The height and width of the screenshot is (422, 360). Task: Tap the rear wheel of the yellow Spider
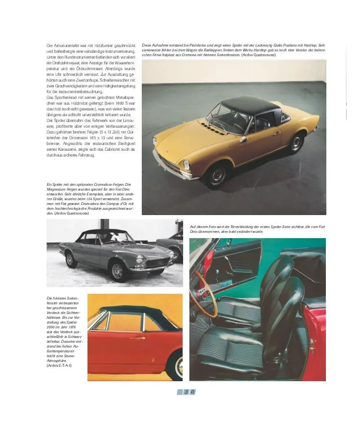tap(296, 142)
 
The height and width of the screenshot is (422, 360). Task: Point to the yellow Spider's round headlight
tap(186, 165)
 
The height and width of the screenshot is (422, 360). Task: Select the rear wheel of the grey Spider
tap(72, 260)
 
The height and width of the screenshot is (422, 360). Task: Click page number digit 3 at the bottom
tap(185, 392)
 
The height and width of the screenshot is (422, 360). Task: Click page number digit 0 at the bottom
tap(192, 392)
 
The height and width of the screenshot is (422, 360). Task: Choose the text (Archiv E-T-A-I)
tap(60, 365)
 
